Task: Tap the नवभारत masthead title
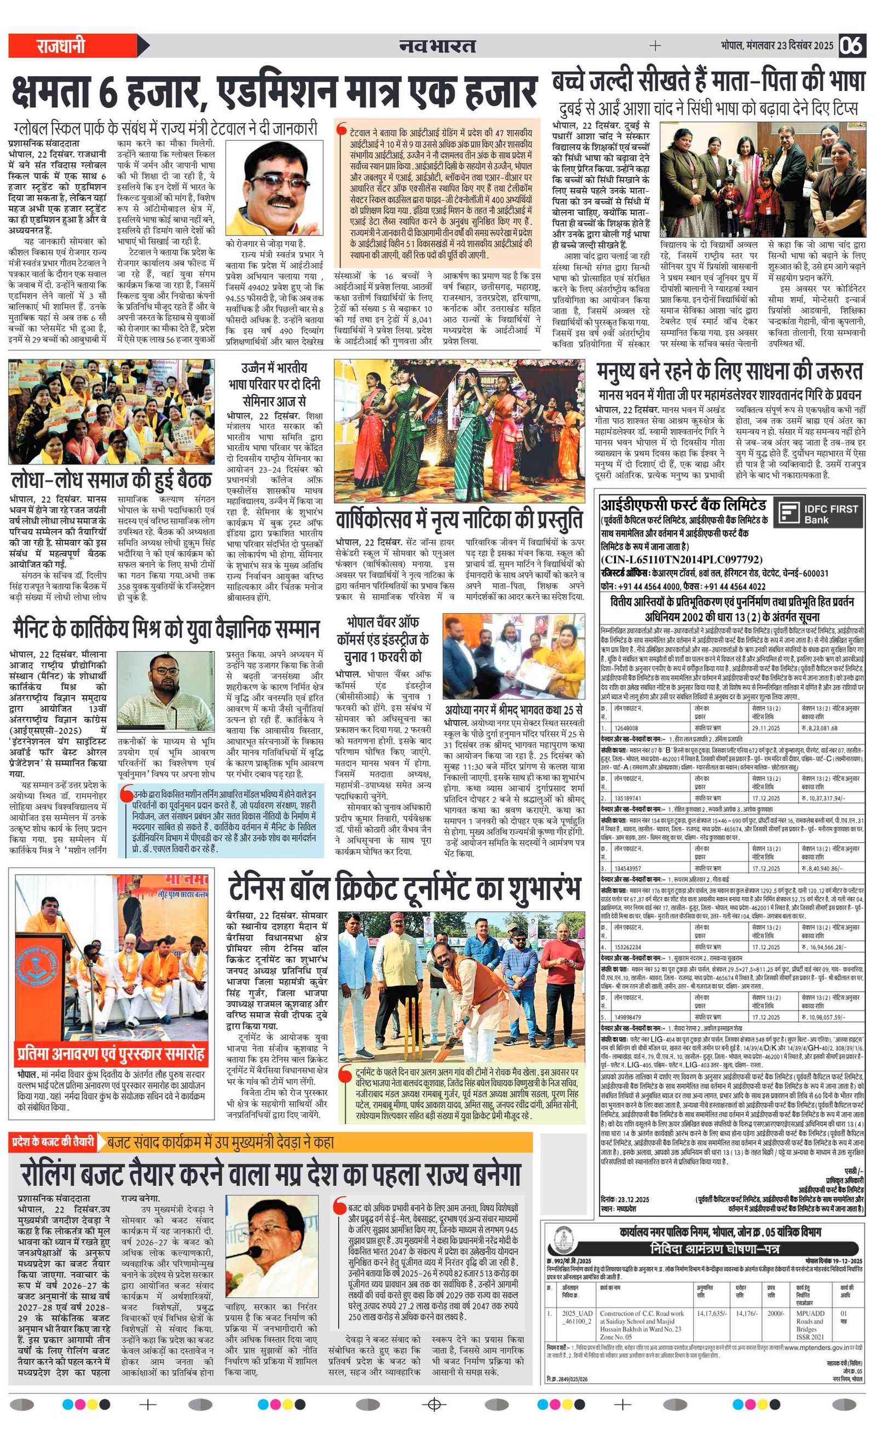click(436, 46)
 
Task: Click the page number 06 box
click(851, 45)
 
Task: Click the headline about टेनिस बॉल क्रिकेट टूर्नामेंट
click(404, 890)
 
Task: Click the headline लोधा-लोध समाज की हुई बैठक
click(111, 480)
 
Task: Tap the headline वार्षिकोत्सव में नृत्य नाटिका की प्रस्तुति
click(459, 520)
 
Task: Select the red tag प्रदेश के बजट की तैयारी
click(53, 1141)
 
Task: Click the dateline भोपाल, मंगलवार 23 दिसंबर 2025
click(777, 46)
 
